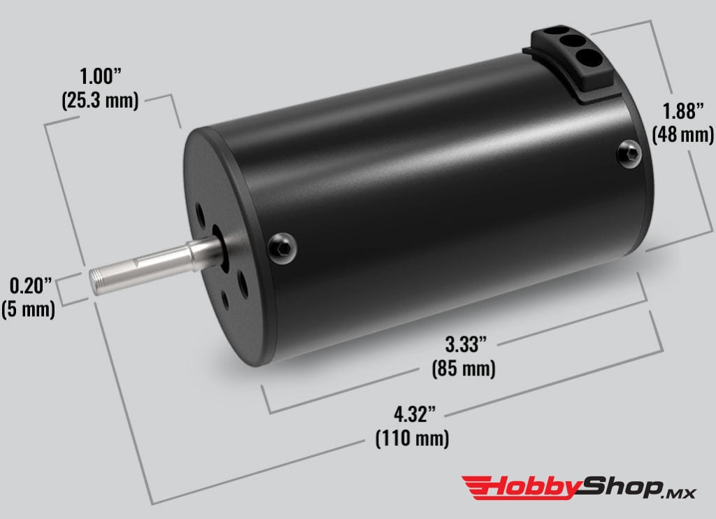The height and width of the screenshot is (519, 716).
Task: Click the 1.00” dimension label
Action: click(x=101, y=76)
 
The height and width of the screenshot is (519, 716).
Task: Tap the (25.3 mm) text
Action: click(x=100, y=100)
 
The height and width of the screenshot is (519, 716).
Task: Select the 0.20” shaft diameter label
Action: click(x=31, y=285)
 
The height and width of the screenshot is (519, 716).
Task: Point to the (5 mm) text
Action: click(x=28, y=309)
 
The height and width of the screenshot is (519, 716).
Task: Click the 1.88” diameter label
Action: click(x=683, y=111)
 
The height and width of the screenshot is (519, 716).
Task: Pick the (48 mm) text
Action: click(x=682, y=135)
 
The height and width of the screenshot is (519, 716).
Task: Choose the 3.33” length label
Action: click(x=466, y=344)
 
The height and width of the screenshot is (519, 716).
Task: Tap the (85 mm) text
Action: click(x=464, y=368)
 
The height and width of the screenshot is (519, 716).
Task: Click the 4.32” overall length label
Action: click(x=415, y=414)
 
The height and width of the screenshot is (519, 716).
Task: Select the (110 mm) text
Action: click(x=413, y=439)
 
